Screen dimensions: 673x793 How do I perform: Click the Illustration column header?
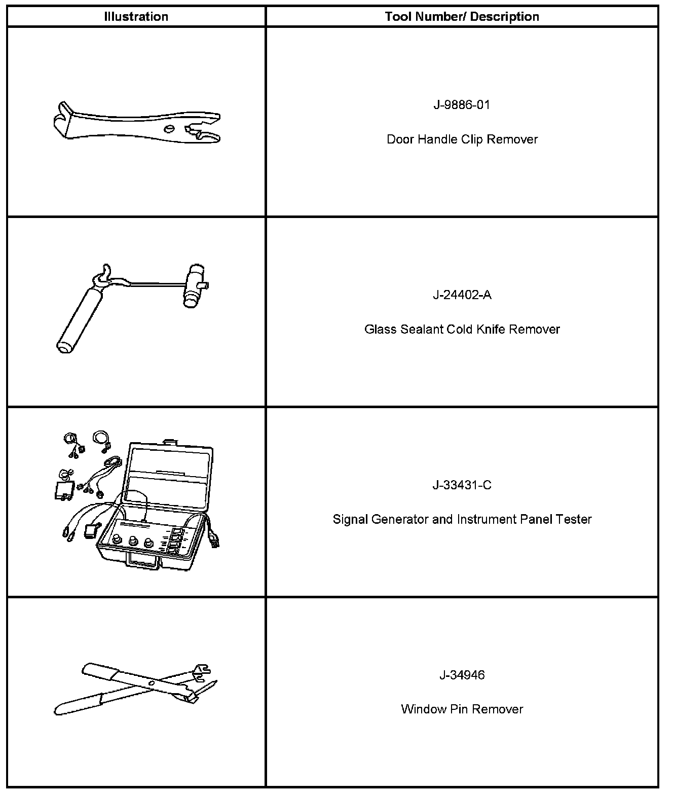[x=136, y=17]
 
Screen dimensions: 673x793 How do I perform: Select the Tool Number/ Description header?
[x=462, y=17]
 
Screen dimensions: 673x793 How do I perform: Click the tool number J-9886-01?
[x=462, y=105]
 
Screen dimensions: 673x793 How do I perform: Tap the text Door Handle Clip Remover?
[x=462, y=139]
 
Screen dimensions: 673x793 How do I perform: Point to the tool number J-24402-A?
[x=462, y=295]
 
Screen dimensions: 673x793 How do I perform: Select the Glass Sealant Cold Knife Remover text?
[x=462, y=330]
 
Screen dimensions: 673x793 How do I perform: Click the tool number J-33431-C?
[x=462, y=485]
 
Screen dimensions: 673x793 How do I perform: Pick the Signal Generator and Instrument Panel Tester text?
[x=462, y=520]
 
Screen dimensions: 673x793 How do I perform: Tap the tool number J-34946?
[x=462, y=675]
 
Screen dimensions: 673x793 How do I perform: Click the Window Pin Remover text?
[x=462, y=709]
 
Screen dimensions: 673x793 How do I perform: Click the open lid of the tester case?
[x=170, y=477]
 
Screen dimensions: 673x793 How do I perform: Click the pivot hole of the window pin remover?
[x=152, y=684]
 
